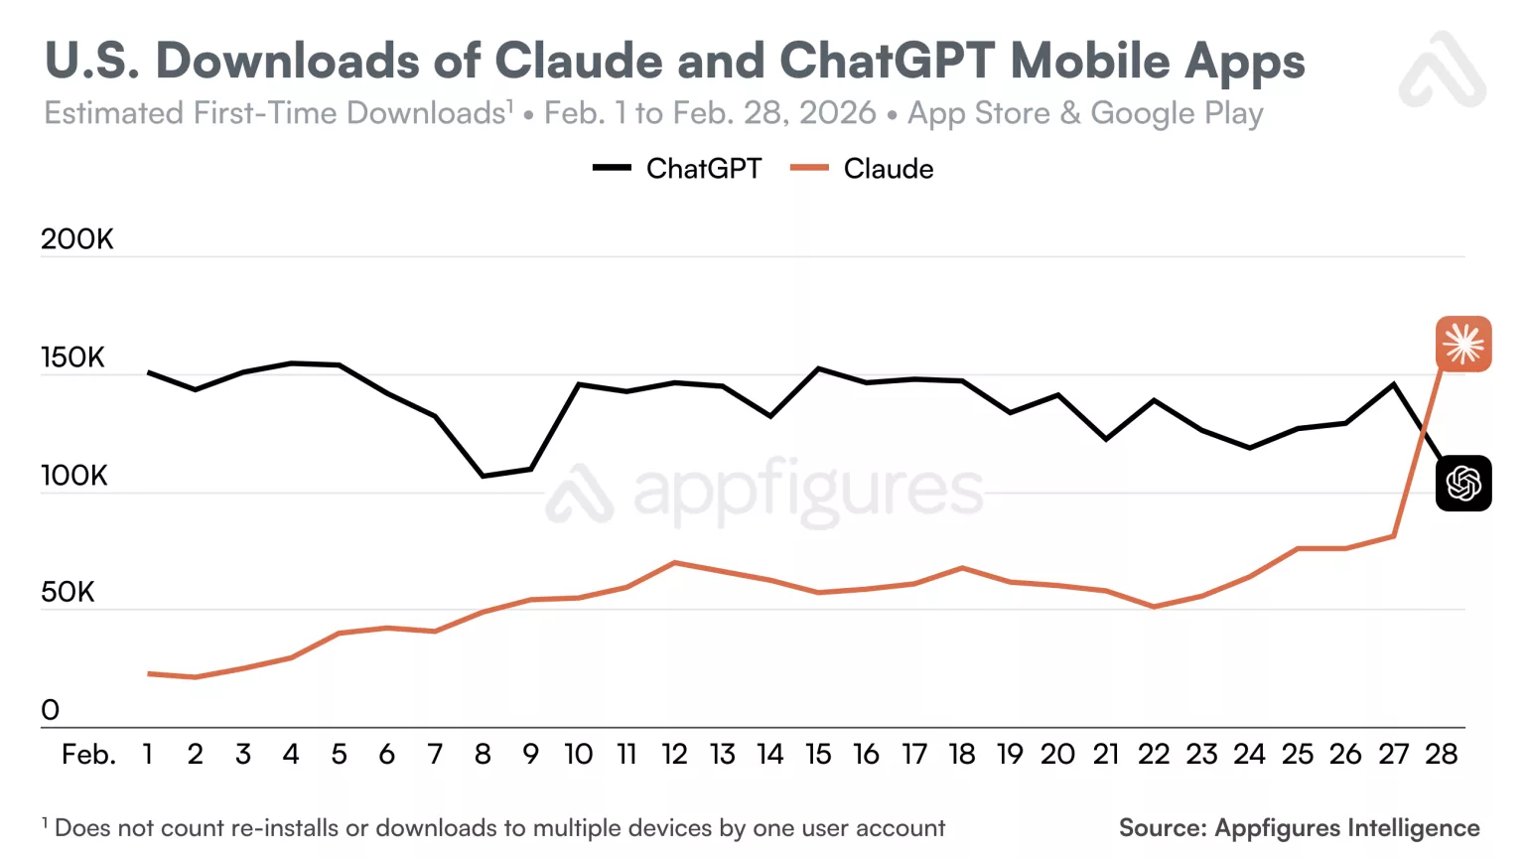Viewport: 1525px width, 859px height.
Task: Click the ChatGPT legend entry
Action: (x=678, y=169)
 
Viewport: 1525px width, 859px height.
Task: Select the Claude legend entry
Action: (x=862, y=169)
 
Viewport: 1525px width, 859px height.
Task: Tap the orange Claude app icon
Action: (x=1462, y=344)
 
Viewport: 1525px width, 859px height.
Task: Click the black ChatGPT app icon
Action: (x=1462, y=484)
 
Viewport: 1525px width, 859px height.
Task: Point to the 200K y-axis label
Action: (x=77, y=239)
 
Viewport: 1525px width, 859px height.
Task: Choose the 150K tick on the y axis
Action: (x=72, y=358)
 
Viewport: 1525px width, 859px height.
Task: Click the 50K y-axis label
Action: (x=68, y=593)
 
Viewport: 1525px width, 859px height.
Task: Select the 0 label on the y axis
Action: (x=51, y=710)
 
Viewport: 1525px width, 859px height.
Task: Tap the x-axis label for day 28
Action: (x=1441, y=755)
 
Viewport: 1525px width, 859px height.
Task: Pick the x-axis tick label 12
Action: (x=674, y=755)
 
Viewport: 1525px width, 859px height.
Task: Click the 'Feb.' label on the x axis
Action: (x=88, y=755)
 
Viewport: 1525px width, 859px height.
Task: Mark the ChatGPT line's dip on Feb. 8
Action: (x=483, y=476)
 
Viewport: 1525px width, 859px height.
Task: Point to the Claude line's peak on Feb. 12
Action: (x=674, y=563)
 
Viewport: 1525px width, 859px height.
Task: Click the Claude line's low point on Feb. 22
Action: (x=1154, y=607)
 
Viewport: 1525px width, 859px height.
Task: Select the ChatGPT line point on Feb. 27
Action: (x=1393, y=384)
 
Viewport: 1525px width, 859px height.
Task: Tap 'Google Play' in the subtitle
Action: (x=1177, y=113)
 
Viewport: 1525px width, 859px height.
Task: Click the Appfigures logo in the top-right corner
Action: (x=1443, y=70)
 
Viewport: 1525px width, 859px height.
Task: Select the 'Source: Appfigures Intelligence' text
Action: (x=1299, y=828)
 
